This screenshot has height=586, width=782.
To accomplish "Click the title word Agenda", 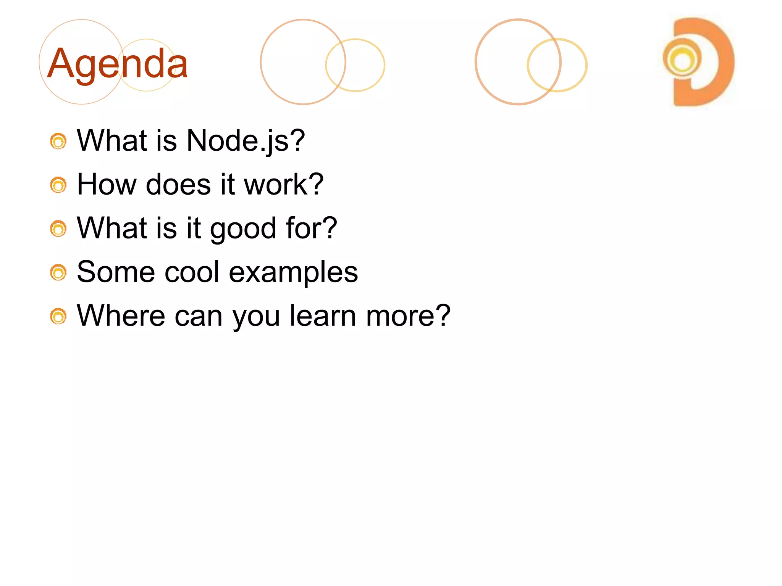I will coord(117,63).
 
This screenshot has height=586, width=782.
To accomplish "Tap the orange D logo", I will coord(698,62).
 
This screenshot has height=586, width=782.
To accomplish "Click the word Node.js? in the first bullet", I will coord(246,141).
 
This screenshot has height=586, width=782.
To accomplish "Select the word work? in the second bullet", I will coord(284,185).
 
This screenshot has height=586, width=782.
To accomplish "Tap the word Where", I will coord(121,316).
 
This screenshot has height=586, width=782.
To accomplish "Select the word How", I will coord(107,185).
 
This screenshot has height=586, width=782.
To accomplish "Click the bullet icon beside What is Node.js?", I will coord(58,142).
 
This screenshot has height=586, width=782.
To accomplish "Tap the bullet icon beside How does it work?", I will coord(58,185).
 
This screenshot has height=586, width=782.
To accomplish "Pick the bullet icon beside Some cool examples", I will coord(58,273).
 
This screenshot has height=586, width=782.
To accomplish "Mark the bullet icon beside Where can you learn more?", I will coord(58,316).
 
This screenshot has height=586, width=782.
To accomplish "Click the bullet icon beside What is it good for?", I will coord(58,229).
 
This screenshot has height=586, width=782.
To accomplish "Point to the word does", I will coord(178,185).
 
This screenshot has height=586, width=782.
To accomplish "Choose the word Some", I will coord(116,272).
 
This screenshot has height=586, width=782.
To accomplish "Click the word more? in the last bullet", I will coord(408,316).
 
